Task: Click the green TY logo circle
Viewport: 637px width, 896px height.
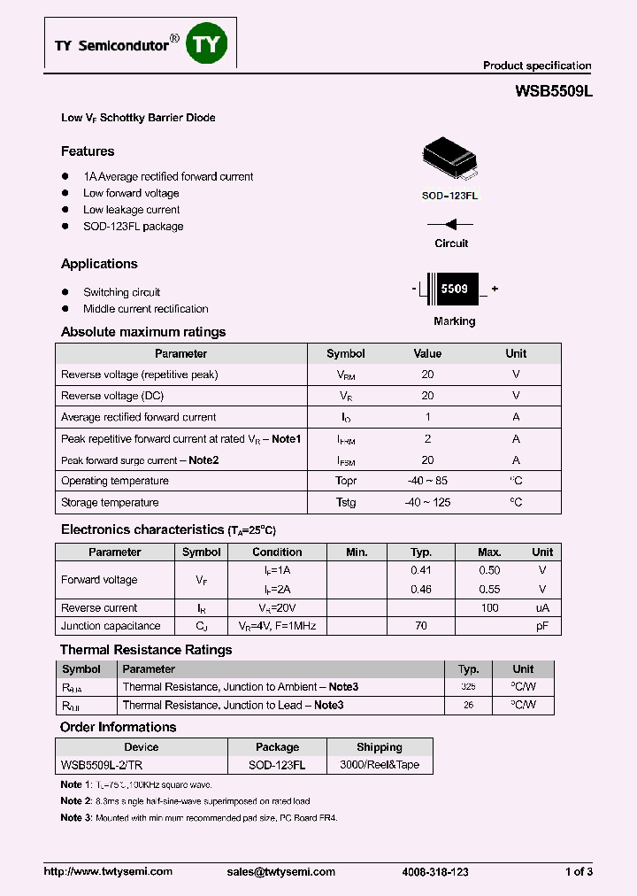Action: point(206,43)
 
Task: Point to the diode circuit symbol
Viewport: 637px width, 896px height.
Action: point(452,225)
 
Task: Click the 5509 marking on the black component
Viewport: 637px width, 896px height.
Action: point(454,290)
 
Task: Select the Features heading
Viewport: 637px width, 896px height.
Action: point(88,151)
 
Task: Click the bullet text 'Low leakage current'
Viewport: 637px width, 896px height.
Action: point(131,210)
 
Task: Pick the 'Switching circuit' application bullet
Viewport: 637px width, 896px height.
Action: point(121,292)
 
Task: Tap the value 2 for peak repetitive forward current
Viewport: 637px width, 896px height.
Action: point(427,438)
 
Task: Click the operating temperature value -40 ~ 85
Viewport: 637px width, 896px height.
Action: point(427,481)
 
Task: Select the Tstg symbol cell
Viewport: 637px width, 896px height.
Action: point(345,502)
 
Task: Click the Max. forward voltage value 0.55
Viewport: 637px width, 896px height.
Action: point(489,589)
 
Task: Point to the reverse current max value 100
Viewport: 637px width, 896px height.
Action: point(489,608)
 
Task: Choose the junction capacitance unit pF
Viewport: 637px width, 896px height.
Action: point(542,626)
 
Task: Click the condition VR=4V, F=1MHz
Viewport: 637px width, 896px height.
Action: point(277,626)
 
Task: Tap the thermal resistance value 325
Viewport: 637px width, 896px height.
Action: point(468,687)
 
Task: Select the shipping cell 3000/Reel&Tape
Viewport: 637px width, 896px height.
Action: point(380,765)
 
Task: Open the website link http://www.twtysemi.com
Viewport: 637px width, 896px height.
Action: point(108,871)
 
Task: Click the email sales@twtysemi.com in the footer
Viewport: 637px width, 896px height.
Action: point(281,871)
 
